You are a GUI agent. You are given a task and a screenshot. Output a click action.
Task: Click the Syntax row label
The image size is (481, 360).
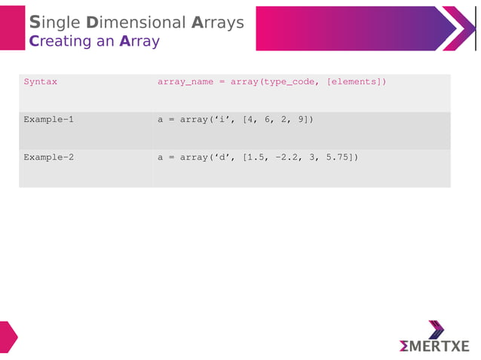point(40,81)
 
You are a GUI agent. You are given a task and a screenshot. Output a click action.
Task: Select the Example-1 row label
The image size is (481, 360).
point(48,119)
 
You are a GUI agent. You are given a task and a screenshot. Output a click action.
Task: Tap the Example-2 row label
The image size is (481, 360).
point(48,157)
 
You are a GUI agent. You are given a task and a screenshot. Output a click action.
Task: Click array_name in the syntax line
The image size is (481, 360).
point(185,81)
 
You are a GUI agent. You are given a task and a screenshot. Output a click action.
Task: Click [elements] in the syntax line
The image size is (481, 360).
point(354,81)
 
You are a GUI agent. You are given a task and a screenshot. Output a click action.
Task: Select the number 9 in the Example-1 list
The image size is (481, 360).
point(301,119)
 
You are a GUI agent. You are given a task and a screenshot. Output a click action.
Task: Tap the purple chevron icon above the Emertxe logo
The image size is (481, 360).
point(437,329)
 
